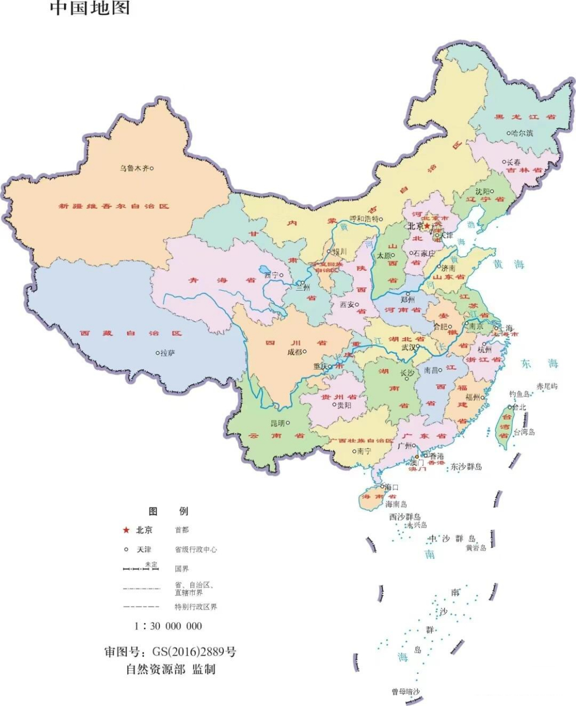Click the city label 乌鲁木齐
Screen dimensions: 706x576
134,169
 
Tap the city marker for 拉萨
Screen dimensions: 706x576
158,353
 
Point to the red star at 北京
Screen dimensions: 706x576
427,226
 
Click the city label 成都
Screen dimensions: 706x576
295,352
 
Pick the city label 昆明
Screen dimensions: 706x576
278,424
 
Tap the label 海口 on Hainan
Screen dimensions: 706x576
392,487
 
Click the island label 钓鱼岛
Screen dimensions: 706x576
519,394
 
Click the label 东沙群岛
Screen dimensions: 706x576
466,467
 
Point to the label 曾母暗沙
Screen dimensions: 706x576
406,692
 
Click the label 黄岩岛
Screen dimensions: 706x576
476,548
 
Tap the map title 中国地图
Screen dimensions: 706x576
90,8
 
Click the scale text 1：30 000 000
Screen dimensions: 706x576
168,626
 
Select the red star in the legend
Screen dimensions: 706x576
126,530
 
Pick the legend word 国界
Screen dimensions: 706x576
182,568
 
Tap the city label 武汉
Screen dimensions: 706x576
409,348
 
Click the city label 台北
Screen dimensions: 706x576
519,408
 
